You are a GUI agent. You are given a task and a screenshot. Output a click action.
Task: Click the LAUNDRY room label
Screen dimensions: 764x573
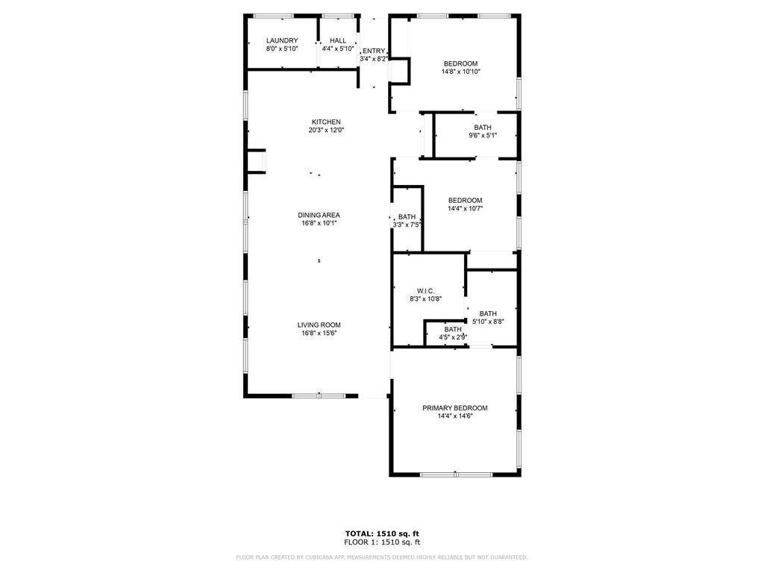coord(282,40)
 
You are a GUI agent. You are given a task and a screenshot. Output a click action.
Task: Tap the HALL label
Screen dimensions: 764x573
coord(338,40)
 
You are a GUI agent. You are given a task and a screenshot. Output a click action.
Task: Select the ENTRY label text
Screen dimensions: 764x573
coord(374,51)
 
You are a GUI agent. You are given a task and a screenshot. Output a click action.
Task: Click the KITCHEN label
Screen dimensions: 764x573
coord(327,122)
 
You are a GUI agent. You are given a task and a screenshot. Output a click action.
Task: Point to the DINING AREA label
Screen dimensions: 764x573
coord(319,215)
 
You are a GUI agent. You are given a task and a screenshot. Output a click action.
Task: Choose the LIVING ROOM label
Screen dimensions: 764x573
coord(319,325)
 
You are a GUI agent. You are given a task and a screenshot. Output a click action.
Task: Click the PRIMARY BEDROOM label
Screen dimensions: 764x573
coord(455,408)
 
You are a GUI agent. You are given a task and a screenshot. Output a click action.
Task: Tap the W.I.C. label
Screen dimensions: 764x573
coord(426,291)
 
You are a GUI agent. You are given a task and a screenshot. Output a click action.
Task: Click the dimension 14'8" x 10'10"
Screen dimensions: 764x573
coord(461,72)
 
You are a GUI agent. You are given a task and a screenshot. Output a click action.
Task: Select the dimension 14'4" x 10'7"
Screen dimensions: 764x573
coord(466,209)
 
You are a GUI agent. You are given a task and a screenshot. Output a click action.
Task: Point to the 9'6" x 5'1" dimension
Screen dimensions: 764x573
coord(483,136)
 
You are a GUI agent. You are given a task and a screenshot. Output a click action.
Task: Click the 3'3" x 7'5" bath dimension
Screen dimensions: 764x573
coord(407,225)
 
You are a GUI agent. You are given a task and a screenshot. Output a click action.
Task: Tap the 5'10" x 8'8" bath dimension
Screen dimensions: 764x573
coord(488,322)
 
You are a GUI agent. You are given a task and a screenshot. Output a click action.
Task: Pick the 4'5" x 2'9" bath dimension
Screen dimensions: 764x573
coord(453,337)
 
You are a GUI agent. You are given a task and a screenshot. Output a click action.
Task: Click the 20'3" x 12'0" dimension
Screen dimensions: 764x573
coord(327,130)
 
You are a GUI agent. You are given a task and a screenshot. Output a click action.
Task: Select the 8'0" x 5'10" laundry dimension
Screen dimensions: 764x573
coord(282,48)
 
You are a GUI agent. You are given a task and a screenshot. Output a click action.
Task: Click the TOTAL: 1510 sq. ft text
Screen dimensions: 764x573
coord(382,533)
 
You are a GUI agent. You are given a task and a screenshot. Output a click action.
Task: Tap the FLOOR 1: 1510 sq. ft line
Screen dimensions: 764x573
coord(382,542)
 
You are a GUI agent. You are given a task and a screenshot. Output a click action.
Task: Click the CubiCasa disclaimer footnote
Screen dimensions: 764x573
coord(382,557)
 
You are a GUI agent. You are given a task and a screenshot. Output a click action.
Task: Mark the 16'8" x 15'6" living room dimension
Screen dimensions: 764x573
coord(319,334)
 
